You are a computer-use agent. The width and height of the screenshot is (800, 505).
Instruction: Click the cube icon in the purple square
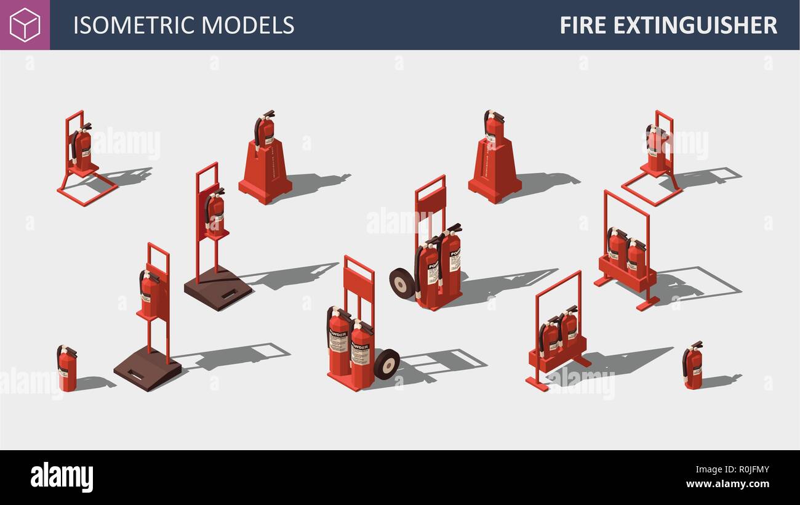point(25,25)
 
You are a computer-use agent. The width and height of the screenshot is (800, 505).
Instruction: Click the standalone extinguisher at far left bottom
point(67,369)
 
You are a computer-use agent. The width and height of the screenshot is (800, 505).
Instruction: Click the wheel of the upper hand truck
point(402,284)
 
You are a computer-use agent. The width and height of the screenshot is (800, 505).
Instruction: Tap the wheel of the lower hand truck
point(386,364)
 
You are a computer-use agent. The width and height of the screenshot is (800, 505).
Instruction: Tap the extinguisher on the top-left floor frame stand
point(82,148)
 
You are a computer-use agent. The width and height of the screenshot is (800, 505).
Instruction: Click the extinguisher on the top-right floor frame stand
point(656,148)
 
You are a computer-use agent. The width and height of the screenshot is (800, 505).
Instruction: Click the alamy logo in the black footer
point(62,477)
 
